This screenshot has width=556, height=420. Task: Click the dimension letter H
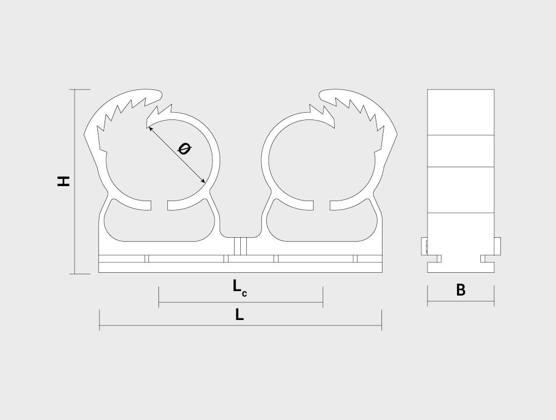click(x=63, y=181)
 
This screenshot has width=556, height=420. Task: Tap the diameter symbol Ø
click(x=184, y=148)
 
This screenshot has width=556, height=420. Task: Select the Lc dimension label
click(x=240, y=287)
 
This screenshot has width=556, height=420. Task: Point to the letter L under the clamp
click(x=239, y=314)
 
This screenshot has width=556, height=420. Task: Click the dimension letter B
click(x=460, y=290)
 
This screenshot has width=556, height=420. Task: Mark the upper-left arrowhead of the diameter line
click(x=151, y=128)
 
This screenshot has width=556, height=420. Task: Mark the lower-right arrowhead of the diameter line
click(x=203, y=181)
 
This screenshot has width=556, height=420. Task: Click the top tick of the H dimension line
click(x=80, y=89)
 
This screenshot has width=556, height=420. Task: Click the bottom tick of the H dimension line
click(x=80, y=274)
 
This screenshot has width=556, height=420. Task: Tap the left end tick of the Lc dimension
click(x=159, y=297)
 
